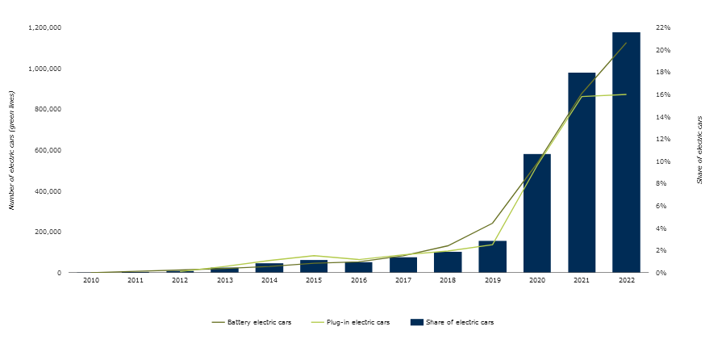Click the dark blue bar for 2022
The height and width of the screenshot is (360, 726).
[x=626, y=153]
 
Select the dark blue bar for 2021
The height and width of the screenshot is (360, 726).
[x=582, y=173]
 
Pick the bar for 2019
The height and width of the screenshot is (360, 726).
[x=492, y=257]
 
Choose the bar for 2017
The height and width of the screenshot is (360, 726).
[x=403, y=265]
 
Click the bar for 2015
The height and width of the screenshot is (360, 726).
[x=314, y=266]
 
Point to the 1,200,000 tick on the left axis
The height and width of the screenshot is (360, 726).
[x=45, y=28]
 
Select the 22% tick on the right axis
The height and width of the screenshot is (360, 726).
[x=663, y=28]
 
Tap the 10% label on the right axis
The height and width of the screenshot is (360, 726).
[x=663, y=162]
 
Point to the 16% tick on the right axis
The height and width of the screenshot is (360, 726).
[x=663, y=95]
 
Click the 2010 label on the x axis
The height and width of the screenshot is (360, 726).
[x=90, y=280]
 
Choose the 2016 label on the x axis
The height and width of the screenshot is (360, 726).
[x=358, y=280]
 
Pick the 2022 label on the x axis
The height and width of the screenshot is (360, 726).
[x=626, y=280]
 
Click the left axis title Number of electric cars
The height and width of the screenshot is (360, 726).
[x=12, y=151]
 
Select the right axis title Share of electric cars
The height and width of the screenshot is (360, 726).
[x=699, y=150]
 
